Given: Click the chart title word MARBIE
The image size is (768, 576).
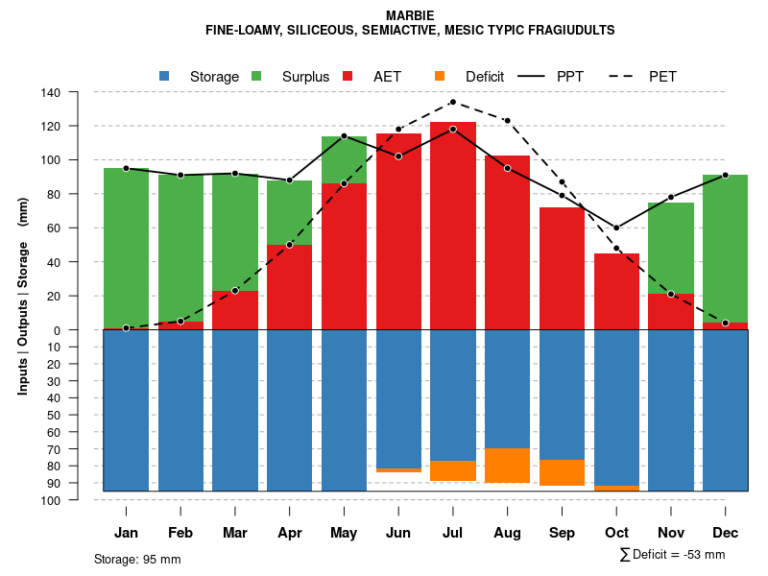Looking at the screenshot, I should point(410,15).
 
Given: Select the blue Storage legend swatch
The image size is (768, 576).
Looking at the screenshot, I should point(164,76).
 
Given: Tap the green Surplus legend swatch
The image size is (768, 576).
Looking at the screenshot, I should point(256,76).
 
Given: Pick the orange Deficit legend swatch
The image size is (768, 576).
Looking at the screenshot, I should point(440,76).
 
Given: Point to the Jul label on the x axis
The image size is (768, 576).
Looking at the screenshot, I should point(453,533).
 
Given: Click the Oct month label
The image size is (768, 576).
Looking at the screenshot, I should point(616,533).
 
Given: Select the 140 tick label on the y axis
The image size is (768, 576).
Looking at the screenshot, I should point(51,92).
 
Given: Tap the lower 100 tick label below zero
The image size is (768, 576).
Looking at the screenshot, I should point(51,500).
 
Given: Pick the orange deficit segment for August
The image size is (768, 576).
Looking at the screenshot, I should point(508,466).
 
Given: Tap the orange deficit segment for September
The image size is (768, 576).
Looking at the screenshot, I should point(563,473).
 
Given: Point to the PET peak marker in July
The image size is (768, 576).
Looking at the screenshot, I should point(453,102).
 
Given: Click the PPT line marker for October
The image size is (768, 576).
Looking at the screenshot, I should point(616,228).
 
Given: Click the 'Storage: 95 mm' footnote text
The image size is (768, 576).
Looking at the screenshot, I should point(137,559).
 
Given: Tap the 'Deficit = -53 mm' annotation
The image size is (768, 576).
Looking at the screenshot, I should point(679,554).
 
